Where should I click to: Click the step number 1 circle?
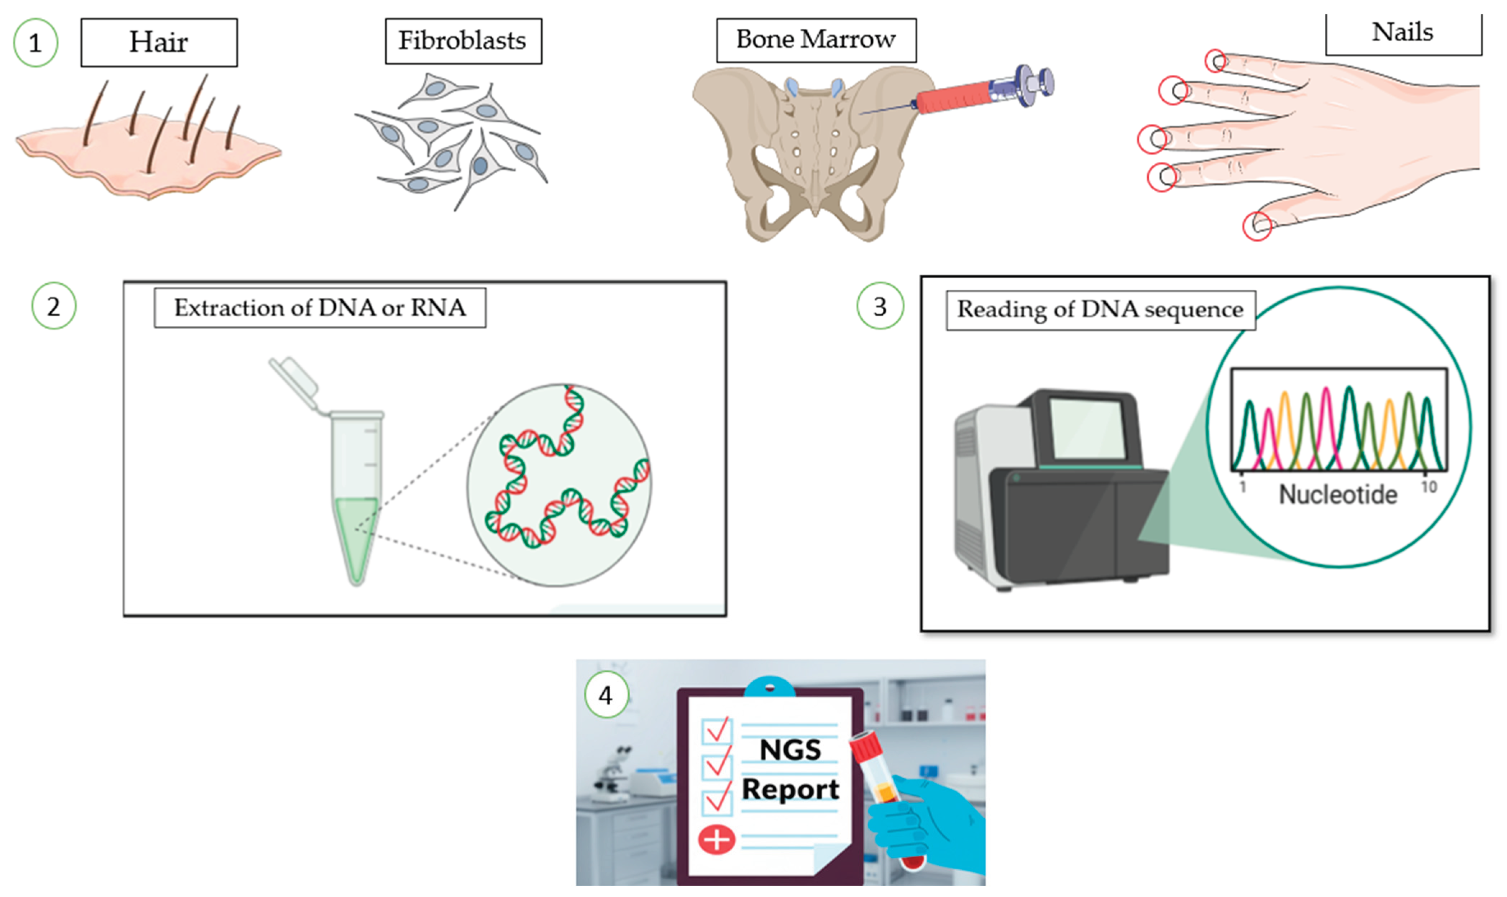35,43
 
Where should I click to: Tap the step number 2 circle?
54,306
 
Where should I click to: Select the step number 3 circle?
880,306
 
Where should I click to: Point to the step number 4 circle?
606,695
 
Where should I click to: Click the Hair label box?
159,42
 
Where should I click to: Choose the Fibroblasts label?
463,41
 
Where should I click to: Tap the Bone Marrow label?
816,40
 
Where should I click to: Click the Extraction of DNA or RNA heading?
320,308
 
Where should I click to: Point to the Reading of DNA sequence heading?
1100,310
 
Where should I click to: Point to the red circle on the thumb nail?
1257,226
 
